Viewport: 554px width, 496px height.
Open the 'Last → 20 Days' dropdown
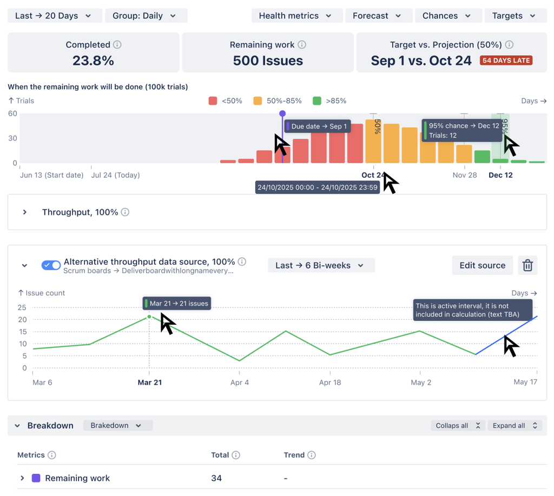click(x=54, y=16)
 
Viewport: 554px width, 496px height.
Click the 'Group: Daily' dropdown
click(x=146, y=16)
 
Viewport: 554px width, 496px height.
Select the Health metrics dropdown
click(x=296, y=16)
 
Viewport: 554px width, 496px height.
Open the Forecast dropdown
click(x=378, y=16)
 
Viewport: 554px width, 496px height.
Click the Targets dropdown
click(x=515, y=16)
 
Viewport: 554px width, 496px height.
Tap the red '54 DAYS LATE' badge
click(x=506, y=61)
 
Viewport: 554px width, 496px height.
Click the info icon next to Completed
click(x=117, y=45)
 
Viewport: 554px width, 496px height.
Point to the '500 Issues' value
click(x=268, y=61)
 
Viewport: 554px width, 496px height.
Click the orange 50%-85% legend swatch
click(x=258, y=101)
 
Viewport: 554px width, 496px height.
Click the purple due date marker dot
click(x=282, y=114)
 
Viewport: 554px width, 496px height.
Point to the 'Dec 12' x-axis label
click(x=500, y=175)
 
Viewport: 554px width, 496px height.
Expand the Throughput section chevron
click(x=25, y=212)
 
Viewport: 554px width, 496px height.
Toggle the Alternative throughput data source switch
click(x=51, y=265)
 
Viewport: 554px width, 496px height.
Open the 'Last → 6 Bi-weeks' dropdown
click(x=321, y=265)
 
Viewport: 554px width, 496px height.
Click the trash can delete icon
click(x=527, y=265)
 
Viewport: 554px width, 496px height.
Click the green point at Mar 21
click(x=149, y=317)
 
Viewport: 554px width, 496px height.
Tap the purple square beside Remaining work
click(x=36, y=478)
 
